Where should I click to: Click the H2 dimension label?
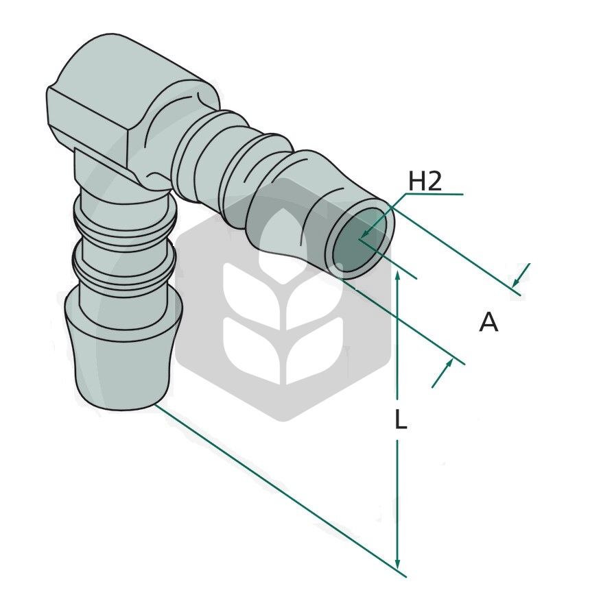(x=425, y=182)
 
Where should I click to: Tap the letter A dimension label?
(x=488, y=323)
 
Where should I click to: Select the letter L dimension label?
(x=401, y=421)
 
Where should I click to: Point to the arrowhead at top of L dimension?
(x=397, y=278)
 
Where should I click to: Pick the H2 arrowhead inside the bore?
(x=364, y=234)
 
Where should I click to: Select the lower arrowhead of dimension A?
(x=448, y=365)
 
